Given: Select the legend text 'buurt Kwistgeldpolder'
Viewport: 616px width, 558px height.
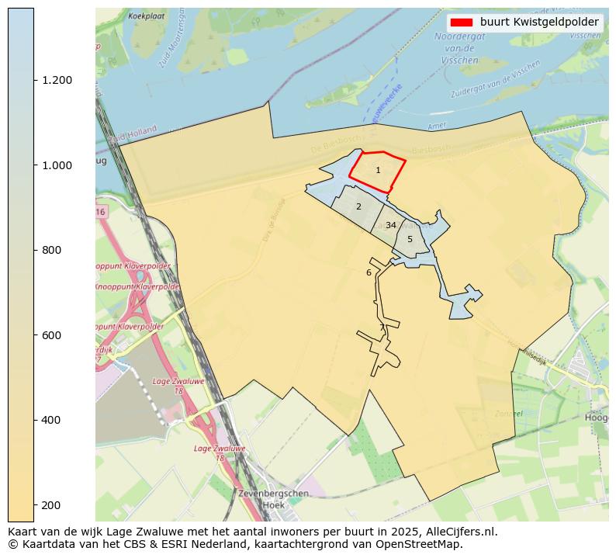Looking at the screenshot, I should pyautogui.click(x=539, y=23).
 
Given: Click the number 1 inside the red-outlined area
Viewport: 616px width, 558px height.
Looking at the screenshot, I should pyautogui.click(x=378, y=170).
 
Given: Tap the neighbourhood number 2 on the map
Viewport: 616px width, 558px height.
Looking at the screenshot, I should pyautogui.click(x=358, y=206).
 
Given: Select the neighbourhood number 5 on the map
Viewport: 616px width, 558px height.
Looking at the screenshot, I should pyautogui.click(x=410, y=239).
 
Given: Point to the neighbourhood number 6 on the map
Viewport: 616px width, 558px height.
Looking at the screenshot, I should pyautogui.click(x=369, y=272).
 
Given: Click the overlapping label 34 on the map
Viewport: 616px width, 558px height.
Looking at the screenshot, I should pyautogui.click(x=391, y=225).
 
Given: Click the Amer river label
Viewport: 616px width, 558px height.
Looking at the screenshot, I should pyautogui.click(x=437, y=126).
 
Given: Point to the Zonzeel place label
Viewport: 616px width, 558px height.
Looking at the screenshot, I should pyautogui.click(x=508, y=414).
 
